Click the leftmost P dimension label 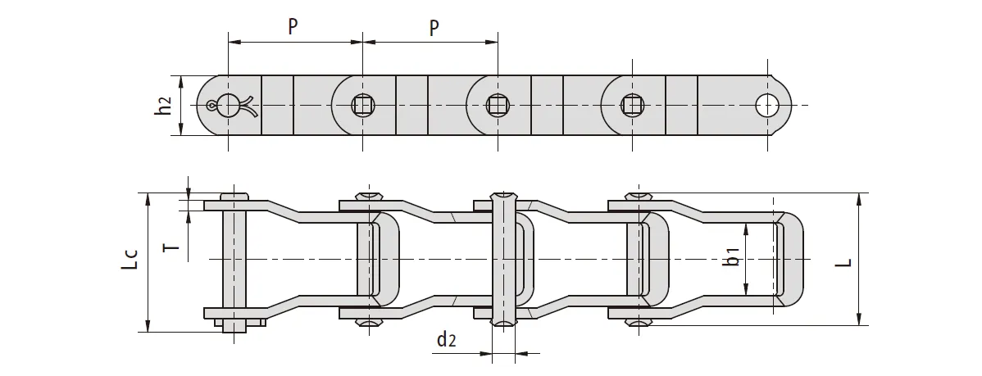[293, 26]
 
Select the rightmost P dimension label [434, 26]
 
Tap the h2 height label [164, 106]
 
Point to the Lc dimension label [128, 260]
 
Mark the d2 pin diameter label [447, 340]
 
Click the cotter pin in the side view [230, 105]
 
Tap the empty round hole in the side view [768, 105]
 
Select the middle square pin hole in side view [496, 105]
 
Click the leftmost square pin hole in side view [361, 105]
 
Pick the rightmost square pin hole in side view [630, 105]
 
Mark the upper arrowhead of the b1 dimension [746, 229]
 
